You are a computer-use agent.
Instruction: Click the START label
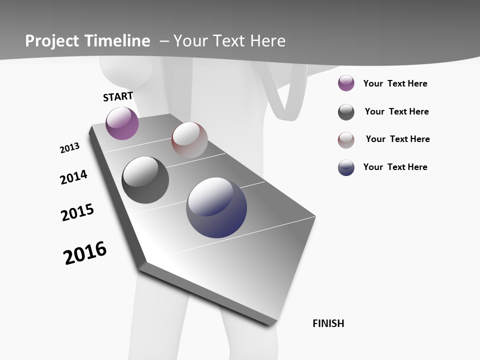tap(118, 96)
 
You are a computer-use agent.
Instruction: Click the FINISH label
tap(328, 323)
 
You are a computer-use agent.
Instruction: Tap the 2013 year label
tap(69, 148)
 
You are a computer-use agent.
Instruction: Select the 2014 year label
tap(73, 177)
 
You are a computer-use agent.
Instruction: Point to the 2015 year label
tap(77, 212)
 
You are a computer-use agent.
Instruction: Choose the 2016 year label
tap(85, 253)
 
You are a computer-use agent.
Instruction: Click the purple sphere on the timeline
tap(122, 123)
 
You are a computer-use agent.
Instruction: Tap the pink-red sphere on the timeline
tap(189, 140)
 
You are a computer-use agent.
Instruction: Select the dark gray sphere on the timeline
tap(145, 180)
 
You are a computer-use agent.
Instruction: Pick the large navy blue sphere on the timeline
tap(216, 207)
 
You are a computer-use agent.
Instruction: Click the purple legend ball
tap(346, 83)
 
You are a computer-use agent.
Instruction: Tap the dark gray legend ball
tap(346, 112)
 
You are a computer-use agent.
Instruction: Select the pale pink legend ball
tap(346, 140)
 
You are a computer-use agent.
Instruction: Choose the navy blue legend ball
tap(346, 167)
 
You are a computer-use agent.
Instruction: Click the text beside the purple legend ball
tap(395, 83)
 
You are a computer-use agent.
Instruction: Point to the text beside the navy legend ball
tap(395, 167)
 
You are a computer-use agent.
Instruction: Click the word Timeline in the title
tap(118, 41)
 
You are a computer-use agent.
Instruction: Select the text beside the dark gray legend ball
tap(396, 111)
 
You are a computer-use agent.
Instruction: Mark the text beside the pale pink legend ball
tap(397, 139)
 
